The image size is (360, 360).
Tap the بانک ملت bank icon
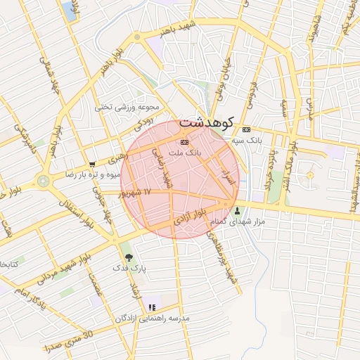coord(174,141)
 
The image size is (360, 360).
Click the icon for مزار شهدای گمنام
coord(236,211)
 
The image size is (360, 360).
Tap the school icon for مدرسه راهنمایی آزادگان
coord(151,307)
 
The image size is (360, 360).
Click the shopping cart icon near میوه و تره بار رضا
coord(92,164)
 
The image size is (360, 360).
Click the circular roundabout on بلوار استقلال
coord(44,181)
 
